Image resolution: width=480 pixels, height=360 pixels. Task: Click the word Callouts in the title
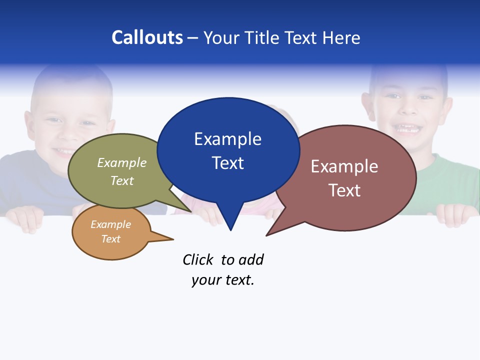click(x=147, y=37)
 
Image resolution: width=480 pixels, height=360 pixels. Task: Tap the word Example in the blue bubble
click(x=227, y=139)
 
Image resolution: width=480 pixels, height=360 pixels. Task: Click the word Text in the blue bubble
click(x=227, y=163)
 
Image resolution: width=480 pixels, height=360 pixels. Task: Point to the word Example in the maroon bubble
click(x=344, y=166)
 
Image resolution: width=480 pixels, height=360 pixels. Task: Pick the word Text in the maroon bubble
click(x=344, y=190)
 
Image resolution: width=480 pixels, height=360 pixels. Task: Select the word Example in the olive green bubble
click(x=122, y=163)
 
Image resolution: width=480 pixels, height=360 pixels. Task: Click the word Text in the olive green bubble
click(x=122, y=180)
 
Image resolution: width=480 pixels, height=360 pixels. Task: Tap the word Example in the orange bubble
click(x=111, y=224)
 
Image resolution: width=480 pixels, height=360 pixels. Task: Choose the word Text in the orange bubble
click(x=111, y=239)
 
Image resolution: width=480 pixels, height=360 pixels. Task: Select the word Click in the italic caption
click(x=197, y=260)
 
